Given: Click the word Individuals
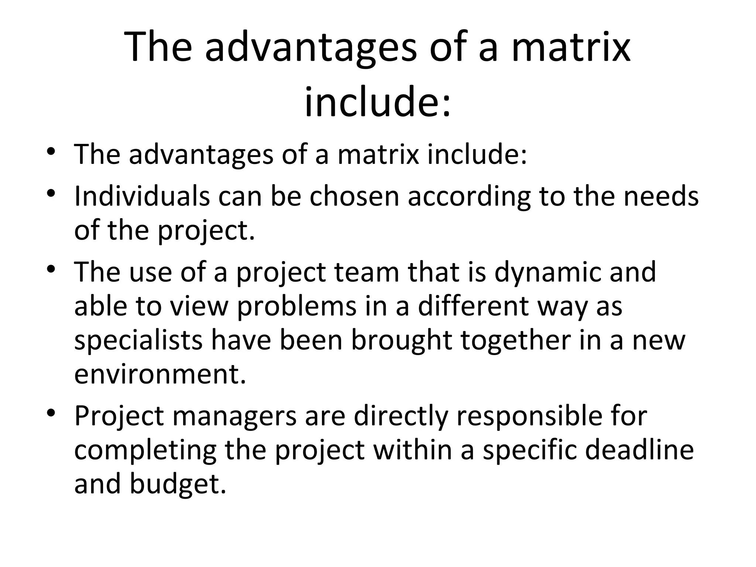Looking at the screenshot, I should point(142,196).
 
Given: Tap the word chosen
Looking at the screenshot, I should point(354,196).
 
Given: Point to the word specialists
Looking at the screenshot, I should point(138,340).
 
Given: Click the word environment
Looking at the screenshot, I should point(160,374).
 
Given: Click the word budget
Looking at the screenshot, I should point(177,484).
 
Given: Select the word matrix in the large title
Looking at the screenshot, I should point(571,47).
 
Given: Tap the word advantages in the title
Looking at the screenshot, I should point(310,47).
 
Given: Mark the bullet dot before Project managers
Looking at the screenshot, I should point(51,413).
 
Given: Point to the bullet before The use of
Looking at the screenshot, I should point(51,269).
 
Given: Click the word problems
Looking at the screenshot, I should point(297,307).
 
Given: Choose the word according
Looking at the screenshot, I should point(469,196).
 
